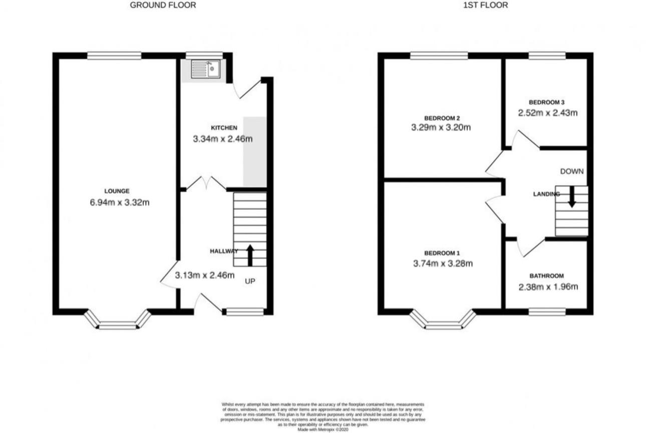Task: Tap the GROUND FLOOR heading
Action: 163,6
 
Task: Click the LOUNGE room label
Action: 117,191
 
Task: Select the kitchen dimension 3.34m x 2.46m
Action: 222,139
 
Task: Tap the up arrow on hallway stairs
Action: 250,255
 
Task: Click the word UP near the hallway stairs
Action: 250,281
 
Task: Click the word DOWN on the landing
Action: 571,171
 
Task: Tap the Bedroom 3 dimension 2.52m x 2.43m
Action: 548,113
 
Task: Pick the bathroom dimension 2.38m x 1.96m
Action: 548,287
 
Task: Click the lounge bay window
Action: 117,323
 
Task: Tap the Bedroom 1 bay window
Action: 443,323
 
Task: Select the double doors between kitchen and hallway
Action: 206,183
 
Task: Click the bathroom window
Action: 547,312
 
